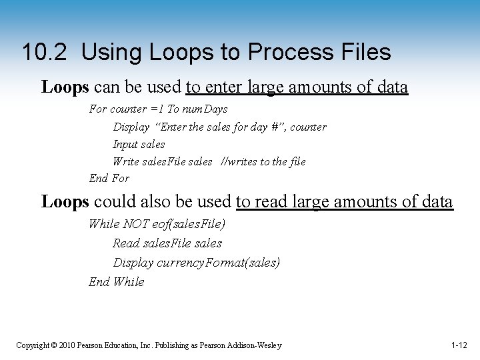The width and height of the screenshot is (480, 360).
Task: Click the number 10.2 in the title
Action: [x=45, y=52]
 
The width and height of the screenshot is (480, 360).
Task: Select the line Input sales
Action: [x=139, y=144]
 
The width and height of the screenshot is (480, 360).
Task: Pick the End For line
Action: [x=109, y=178]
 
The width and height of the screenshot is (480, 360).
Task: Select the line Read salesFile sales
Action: [x=167, y=243]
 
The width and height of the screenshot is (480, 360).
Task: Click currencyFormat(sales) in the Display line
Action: [x=218, y=263]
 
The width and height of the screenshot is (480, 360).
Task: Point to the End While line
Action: [x=116, y=281]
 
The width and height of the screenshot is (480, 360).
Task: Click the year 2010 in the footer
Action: [x=66, y=345]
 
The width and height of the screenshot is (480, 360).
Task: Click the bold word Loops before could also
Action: [x=65, y=202]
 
